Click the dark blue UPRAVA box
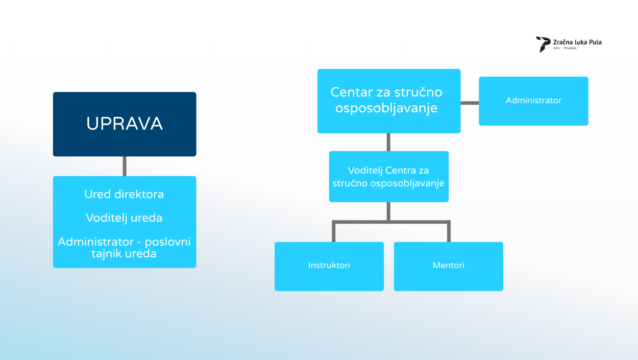point(125,124)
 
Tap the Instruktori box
point(329,266)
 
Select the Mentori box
point(449,266)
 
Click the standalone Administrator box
point(533,101)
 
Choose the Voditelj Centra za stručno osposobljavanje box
point(389,177)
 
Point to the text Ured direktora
point(125,195)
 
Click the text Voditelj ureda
point(125,218)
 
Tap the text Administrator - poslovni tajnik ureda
point(125,247)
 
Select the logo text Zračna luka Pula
point(577,42)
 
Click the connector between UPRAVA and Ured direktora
point(125,166)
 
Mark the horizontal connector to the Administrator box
point(470,103)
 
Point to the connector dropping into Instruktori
point(334,232)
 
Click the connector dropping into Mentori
point(449,232)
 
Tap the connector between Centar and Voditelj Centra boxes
point(389,142)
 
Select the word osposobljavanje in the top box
point(386,109)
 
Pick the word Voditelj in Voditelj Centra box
point(365,171)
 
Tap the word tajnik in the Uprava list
point(107,253)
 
